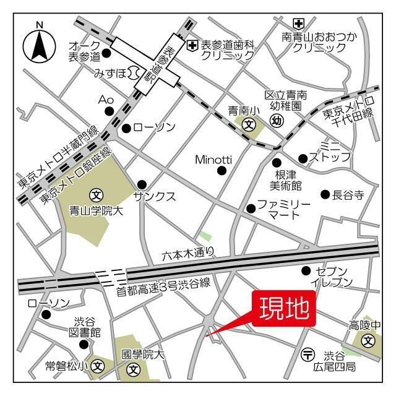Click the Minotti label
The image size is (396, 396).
click(213, 159)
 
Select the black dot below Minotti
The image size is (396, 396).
click(222, 171)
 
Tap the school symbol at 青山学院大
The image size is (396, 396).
click(96, 196)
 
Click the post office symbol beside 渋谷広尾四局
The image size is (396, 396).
click(308, 355)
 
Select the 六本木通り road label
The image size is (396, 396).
click(189, 252)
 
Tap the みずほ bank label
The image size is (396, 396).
click(110, 74)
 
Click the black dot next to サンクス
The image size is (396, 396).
click(142, 184)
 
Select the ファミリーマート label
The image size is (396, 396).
click(283, 209)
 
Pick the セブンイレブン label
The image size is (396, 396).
click(334, 277)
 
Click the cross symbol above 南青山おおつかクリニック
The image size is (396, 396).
click(299, 23)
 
